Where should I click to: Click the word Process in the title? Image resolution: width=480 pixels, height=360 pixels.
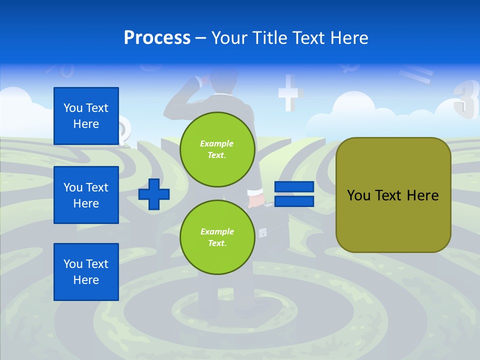coord(157,38)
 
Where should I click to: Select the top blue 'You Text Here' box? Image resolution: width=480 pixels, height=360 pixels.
coord(86,116)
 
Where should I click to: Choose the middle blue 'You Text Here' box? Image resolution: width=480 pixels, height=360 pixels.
coord(86,195)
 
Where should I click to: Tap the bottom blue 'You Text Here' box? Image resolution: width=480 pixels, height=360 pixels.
coord(86,272)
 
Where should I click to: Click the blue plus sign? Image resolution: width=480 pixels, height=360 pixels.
coord(154,194)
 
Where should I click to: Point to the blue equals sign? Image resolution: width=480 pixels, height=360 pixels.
coord(294,194)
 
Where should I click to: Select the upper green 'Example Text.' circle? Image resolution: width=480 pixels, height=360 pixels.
coord(217,149)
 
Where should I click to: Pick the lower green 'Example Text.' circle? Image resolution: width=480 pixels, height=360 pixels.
coord(217,237)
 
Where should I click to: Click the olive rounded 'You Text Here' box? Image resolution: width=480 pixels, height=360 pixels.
coord(393,195)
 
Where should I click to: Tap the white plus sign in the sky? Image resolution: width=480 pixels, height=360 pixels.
coord(290,92)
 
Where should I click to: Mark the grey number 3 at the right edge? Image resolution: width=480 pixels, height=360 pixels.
coord(465,100)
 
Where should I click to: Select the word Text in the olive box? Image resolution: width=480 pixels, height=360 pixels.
coord(390,195)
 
